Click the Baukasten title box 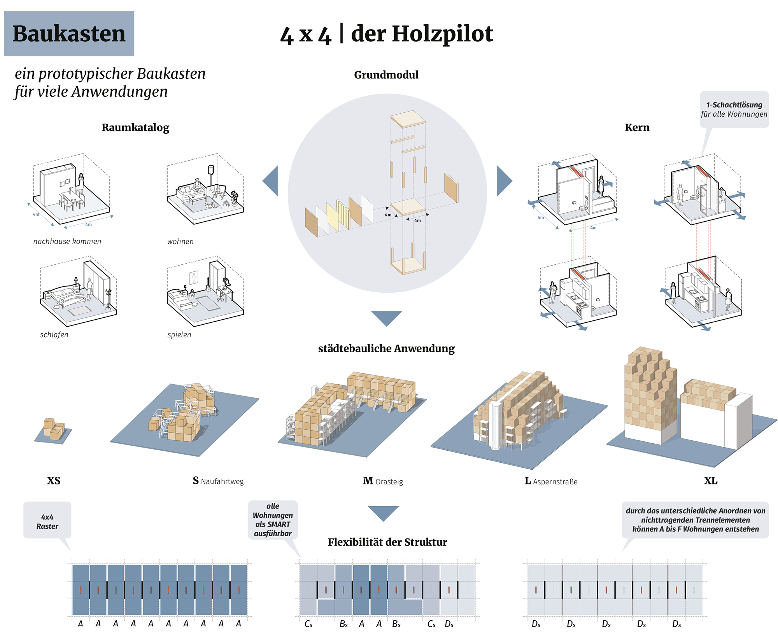coord(69,34)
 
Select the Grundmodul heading coord(386,75)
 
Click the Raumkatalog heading coord(135,128)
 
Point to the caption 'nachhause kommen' coord(67,241)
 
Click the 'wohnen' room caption coord(180,241)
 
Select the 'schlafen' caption coord(54,335)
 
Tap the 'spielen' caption coord(179,335)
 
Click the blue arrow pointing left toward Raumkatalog coord(271,181)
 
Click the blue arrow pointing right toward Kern coord(504,181)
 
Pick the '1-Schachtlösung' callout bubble coord(734,109)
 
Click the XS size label coord(54,481)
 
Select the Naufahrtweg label coord(222,481)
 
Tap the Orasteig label coord(389,482)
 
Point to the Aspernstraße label coord(555,482)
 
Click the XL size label coord(710,481)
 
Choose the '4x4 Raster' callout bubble coord(47,521)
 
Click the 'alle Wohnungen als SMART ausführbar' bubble coord(273,520)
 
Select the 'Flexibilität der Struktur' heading coord(387,542)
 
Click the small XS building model coord(53,429)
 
